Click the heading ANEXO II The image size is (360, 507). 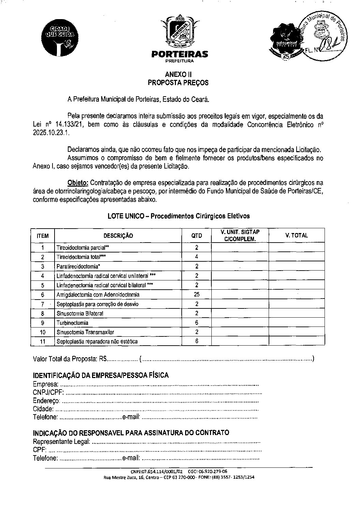click(178, 74)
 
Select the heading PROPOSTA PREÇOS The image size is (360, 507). click(178, 83)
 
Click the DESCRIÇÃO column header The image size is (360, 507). click(118, 235)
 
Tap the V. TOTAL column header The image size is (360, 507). click(296, 235)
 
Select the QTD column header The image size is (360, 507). click(196, 235)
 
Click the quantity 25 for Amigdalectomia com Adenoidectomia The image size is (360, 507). click(196, 294)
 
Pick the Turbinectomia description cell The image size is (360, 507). click(73, 323)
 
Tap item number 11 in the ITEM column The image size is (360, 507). click(43, 341)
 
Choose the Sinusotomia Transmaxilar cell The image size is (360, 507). click(85, 332)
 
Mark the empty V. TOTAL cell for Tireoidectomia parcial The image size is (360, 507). click(296, 248)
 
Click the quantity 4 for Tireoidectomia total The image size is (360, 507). click(197, 257)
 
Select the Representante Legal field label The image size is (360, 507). click(61, 442)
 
